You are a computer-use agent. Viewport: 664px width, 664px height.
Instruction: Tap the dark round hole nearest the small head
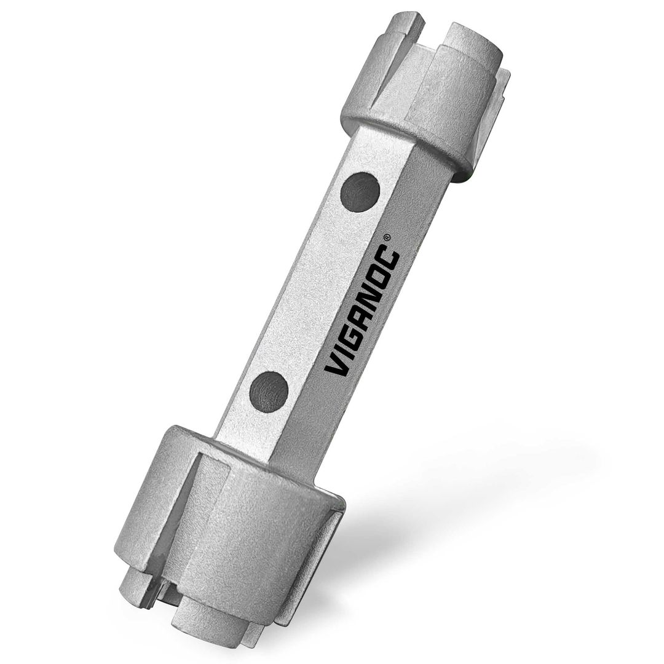point(360,191)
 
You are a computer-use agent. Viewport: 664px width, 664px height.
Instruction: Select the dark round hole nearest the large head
point(269,392)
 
